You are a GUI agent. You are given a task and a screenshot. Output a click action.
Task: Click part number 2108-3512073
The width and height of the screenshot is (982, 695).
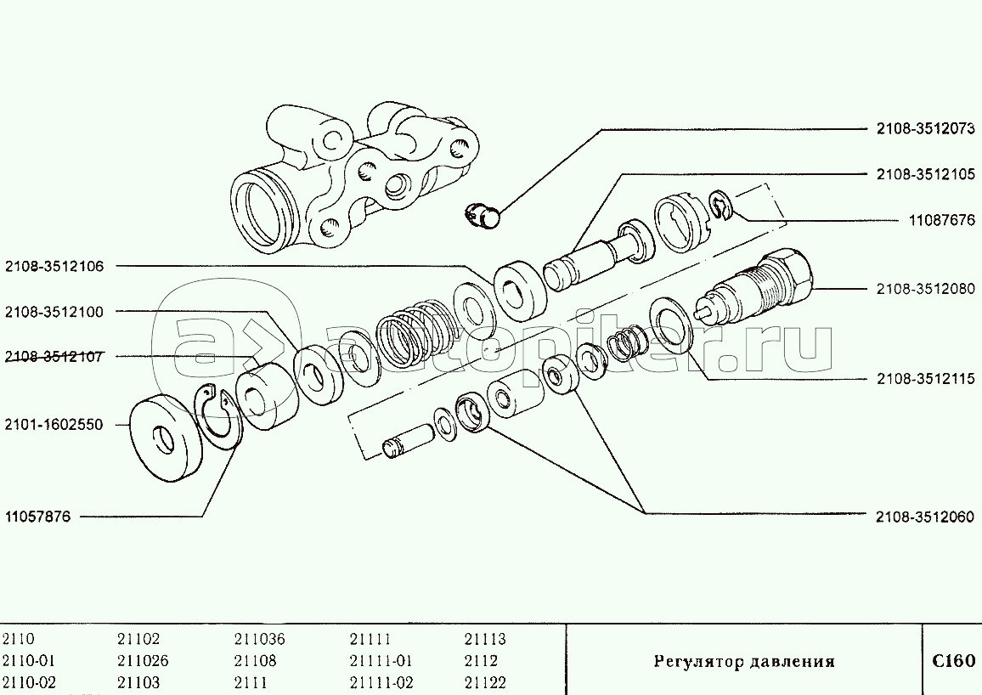pyautogui.click(x=926, y=129)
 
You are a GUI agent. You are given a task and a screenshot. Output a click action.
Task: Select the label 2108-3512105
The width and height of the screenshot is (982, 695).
pyautogui.click(x=926, y=175)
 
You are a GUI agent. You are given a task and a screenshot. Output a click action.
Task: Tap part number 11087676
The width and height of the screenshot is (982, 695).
pyautogui.click(x=942, y=220)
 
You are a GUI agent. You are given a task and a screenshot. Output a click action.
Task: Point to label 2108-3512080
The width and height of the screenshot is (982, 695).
pyautogui.click(x=926, y=289)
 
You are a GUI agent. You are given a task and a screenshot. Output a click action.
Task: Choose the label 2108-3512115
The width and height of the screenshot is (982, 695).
pyautogui.click(x=926, y=380)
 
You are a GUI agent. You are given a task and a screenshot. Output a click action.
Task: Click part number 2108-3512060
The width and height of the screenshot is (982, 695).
pyautogui.click(x=926, y=517)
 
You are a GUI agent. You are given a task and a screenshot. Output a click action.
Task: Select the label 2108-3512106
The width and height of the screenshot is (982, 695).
pyautogui.click(x=54, y=267)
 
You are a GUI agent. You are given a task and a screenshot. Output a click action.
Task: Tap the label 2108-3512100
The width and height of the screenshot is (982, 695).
pyautogui.click(x=54, y=313)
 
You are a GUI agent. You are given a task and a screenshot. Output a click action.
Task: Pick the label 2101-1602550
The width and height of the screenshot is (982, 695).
pyautogui.click(x=54, y=425)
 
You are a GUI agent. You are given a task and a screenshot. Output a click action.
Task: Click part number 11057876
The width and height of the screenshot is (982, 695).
pyautogui.click(x=38, y=517)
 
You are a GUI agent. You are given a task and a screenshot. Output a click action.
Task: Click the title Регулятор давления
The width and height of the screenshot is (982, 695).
pyautogui.click(x=744, y=662)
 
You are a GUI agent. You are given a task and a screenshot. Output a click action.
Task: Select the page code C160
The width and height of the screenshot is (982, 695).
pyautogui.click(x=953, y=661)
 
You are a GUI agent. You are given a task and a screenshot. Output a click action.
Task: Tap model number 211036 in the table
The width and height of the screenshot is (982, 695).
pyautogui.click(x=259, y=639)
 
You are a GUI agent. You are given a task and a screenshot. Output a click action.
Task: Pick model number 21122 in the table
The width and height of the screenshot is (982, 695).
pyautogui.click(x=485, y=682)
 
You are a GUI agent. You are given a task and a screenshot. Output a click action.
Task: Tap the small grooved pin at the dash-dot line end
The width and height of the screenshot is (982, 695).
pyautogui.click(x=406, y=440)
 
